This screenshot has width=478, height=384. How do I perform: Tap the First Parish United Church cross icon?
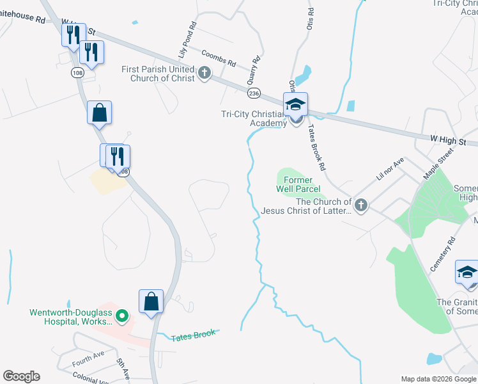click(204, 72)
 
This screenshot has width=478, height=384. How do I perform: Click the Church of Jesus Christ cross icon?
click(360, 205)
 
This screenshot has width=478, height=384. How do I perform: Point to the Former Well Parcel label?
click(294, 185)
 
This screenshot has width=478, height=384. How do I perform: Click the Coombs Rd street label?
click(218, 59)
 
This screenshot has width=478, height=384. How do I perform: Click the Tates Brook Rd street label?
click(318, 147)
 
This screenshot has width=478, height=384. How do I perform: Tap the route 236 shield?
click(254, 93)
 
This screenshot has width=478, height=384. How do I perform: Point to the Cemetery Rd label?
click(442, 254)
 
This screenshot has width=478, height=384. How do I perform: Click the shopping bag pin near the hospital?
click(151, 301)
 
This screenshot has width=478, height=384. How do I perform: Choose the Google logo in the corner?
click(21, 376)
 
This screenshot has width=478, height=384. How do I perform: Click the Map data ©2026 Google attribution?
click(438, 379)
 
